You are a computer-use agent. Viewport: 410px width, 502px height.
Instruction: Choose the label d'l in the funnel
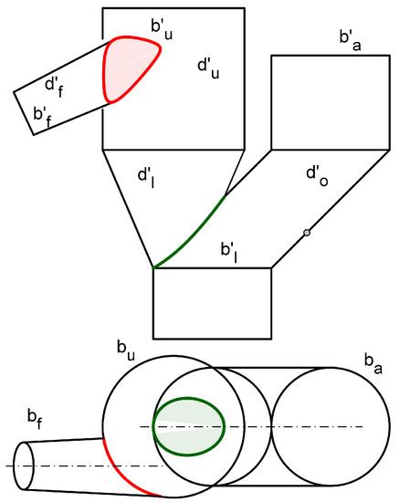(x=145, y=173)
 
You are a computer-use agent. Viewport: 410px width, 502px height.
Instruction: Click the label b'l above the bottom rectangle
(x=229, y=249)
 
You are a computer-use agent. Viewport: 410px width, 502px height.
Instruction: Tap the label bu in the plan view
(x=125, y=348)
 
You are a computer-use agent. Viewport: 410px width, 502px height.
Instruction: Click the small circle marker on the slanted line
(x=307, y=233)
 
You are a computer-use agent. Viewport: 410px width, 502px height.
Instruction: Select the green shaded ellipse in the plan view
(x=187, y=425)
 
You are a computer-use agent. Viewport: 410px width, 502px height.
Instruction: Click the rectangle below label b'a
(x=330, y=101)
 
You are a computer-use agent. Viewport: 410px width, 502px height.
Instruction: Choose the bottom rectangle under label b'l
(x=212, y=302)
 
